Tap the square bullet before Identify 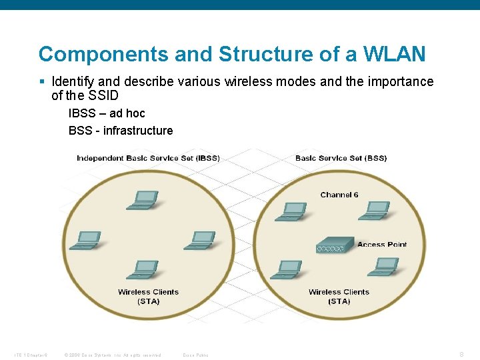tap(42, 82)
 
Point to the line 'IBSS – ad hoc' tap(107, 113)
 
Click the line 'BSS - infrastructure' tap(121, 131)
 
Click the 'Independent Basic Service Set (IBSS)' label tap(148, 158)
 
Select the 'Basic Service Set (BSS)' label tap(341, 158)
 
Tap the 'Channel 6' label tap(339, 195)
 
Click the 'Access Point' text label tap(382, 245)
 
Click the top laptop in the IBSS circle tap(143, 199)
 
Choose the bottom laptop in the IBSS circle tap(143, 269)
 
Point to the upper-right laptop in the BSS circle tap(375, 211)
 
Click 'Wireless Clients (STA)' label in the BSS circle tap(339, 297)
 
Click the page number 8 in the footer tap(461, 355)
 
